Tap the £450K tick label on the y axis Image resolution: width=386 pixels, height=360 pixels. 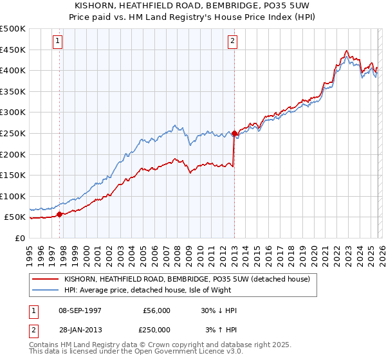click(13, 50)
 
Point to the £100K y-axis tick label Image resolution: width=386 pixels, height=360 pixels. click(13, 196)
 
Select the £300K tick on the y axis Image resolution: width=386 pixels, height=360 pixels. click(13, 113)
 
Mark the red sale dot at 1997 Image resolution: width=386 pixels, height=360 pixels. click(60, 215)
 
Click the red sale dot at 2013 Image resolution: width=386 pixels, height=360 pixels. click(234, 134)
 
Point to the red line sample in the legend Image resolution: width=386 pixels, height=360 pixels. click(46, 279)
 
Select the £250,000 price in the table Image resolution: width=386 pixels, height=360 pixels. click(157, 329)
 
